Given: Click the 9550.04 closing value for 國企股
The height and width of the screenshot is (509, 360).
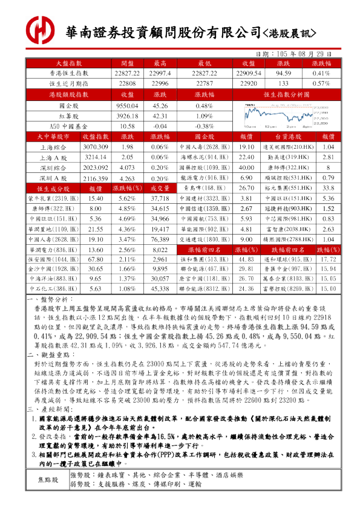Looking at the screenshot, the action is click(x=128, y=105).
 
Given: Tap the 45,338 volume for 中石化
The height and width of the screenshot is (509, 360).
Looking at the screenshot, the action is click(x=160, y=289).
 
